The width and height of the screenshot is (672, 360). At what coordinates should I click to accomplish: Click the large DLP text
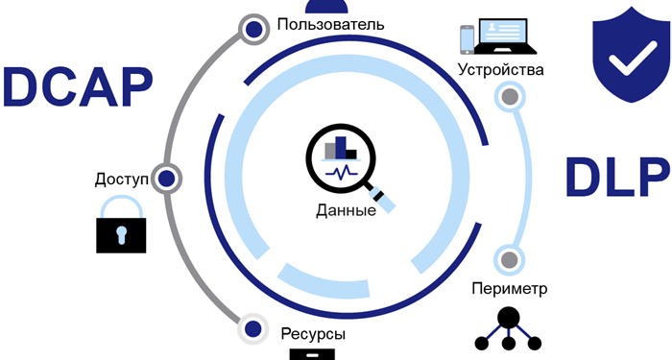point(615,178)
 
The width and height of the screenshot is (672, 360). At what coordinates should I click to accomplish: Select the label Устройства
point(501,70)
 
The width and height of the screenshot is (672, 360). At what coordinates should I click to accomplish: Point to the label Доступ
point(122,179)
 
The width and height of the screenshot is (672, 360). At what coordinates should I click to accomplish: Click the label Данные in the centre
point(345,209)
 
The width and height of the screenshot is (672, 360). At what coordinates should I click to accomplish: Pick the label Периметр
point(510,288)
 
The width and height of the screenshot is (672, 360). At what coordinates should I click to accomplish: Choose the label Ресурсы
point(313,334)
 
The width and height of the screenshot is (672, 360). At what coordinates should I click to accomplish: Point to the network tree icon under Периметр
point(509,329)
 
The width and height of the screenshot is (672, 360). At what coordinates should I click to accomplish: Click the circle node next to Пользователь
point(253,31)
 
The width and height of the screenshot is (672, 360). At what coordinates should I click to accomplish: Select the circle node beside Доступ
point(167,179)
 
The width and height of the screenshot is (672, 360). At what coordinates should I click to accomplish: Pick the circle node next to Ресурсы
point(252,329)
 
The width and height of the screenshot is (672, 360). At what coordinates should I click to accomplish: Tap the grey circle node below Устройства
point(510,97)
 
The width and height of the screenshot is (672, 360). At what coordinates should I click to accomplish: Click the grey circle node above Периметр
point(510,259)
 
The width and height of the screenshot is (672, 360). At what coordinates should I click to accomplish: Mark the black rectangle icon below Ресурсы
point(312,353)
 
